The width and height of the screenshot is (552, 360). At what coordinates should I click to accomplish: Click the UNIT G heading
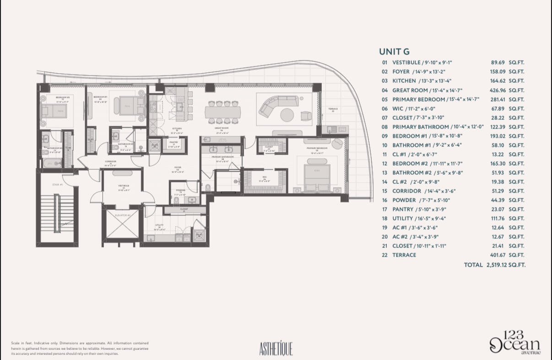[394, 52]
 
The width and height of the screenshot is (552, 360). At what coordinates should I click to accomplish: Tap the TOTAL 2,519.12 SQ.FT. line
[494, 264]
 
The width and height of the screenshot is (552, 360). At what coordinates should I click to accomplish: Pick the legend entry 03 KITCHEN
[399, 81]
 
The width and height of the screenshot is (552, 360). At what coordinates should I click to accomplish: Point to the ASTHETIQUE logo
[276, 349]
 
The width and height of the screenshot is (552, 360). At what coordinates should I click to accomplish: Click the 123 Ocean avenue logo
[515, 344]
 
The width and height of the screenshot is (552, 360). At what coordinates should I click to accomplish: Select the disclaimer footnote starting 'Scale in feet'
[80, 348]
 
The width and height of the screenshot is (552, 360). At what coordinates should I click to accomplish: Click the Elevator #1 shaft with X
[124, 223]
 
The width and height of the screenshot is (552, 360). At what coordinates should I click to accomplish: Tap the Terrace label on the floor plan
[333, 109]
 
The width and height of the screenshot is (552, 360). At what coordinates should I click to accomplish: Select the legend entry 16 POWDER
[399, 200]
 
